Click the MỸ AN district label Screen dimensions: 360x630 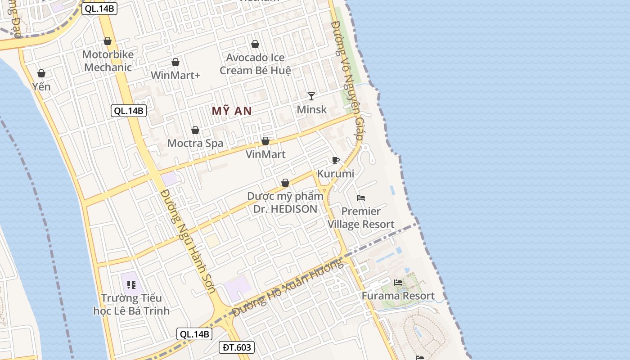pos(231,111)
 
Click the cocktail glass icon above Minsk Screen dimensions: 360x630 pos(311,96)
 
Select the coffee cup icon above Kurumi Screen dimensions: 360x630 pos(335,161)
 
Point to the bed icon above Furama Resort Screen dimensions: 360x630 pos(398,283)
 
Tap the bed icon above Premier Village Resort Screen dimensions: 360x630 pos(361,198)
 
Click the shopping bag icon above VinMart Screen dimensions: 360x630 pos(265,141)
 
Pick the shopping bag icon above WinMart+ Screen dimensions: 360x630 pos(175,62)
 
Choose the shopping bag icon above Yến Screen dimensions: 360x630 pos(41,73)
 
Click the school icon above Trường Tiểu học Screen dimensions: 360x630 pos(131,284)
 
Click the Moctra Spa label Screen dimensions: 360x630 pos(195,144)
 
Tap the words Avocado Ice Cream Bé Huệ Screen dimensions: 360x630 pos(255,64)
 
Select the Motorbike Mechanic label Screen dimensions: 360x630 pos(108,61)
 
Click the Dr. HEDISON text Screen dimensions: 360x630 pos(285,209)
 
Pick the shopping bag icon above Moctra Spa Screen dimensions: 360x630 pos(195,130)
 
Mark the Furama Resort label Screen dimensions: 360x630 pos(398,296)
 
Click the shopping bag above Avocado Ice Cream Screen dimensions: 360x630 pos(255,44)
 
